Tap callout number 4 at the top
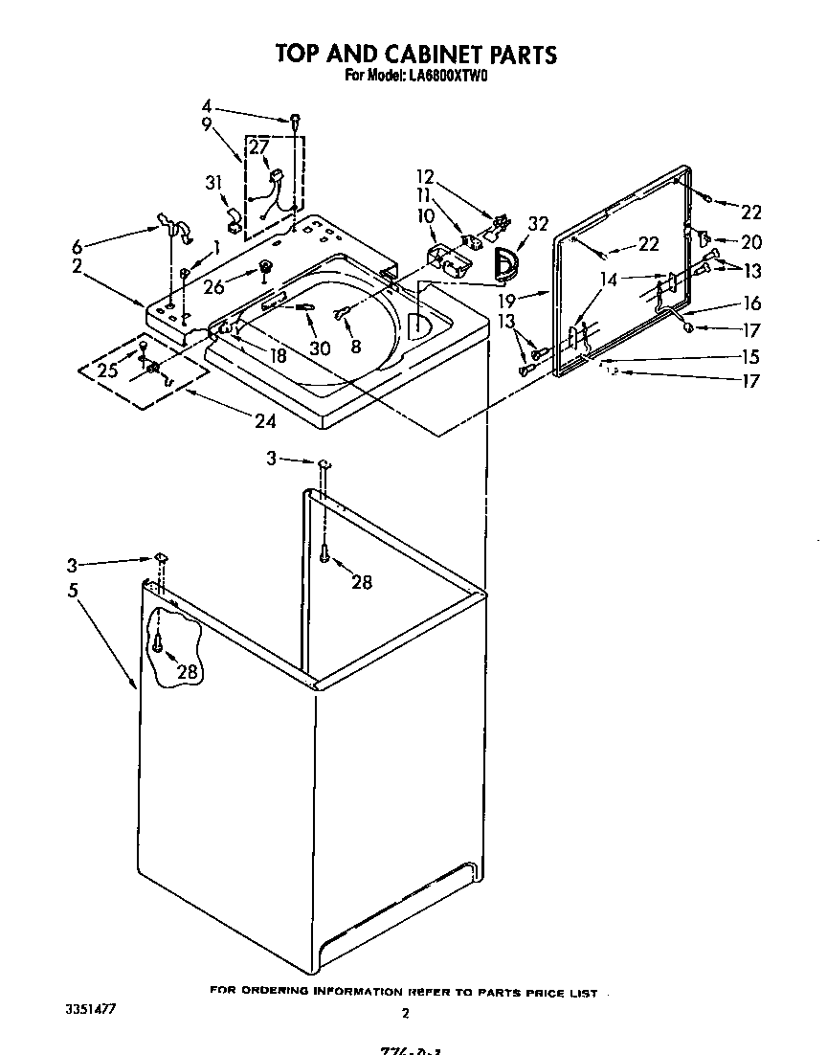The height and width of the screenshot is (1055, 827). (x=207, y=105)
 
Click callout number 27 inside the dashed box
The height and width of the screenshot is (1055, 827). (x=259, y=146)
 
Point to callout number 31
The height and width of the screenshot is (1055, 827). (x=213, y=184)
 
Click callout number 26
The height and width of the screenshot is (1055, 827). (x=213, y=285)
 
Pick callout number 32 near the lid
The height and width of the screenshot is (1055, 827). (x=538, y=225)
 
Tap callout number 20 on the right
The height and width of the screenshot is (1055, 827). (x=750, y=242)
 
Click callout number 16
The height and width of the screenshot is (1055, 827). (x=751, y=303)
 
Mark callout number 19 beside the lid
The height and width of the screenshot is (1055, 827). (x=508, y=299)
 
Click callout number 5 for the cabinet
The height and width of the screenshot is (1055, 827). (x=74, y=591)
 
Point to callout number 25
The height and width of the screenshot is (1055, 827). (x=109, y=370)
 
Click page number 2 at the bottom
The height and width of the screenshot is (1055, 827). (x=405, y=1013)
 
